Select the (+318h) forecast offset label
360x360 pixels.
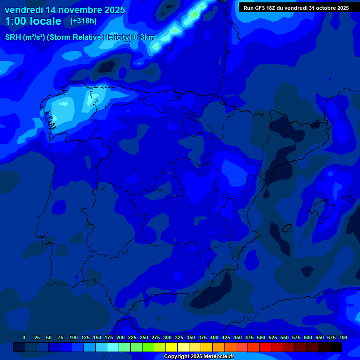pos(83,21)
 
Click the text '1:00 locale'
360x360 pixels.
pos(33,21)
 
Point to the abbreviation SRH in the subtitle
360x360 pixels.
pos(13,37)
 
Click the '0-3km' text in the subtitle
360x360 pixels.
pos(144,37)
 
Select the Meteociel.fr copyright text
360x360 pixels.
pos(199,357)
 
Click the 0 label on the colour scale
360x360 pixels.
pos(24,338)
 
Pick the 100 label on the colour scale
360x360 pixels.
pos(74,338)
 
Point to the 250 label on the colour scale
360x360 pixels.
pos(144,338)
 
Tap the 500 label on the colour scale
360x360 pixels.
pos(261,338)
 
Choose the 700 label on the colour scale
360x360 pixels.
pos(343,338)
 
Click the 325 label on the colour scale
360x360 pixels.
pos(179,338)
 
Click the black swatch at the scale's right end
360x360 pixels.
pos(336,347)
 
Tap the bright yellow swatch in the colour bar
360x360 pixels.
pos(172,347)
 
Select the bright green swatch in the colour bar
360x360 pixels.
pos(148,347)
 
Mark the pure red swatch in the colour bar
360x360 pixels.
pos(265,347)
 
